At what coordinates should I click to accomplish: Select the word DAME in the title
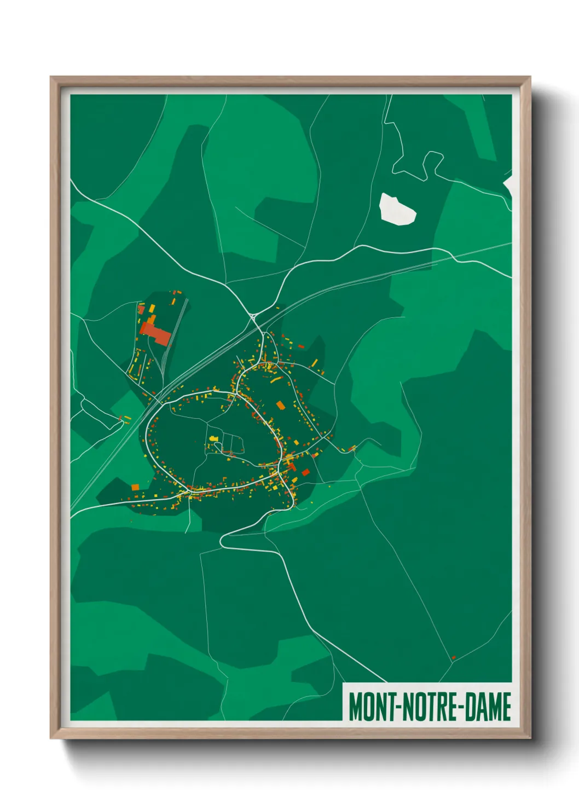(489, 707)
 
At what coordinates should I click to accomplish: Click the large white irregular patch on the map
(397, 209)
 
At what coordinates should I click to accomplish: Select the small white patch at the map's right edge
(508, 185)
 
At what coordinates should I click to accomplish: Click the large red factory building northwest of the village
(156, 333)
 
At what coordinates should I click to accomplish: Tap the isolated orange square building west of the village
(135, 487)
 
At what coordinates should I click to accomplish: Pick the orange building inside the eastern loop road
(281, 405)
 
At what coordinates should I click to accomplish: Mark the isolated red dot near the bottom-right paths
(453, 657)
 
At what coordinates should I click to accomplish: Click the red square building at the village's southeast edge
(305, 472)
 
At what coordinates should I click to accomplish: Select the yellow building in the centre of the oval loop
(213, 438)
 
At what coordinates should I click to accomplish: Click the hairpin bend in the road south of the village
(223, 541)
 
